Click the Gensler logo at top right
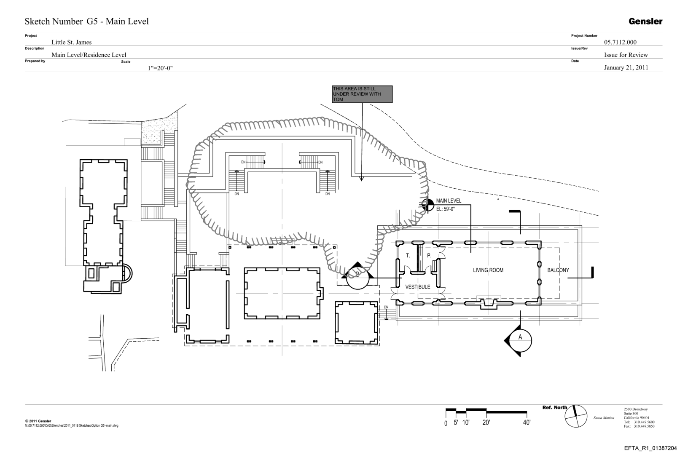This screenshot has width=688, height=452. click(x=645, y=21)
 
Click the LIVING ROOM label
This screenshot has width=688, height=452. click(x=488, y=270)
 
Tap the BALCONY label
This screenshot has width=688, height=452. click(x=558, y=270)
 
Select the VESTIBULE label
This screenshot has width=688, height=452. click(x=418, y=287)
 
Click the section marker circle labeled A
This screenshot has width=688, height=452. click(x=520, y=337)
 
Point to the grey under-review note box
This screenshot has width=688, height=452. click(x=362, y=94)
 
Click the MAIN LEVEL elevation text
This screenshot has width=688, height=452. click(x=449, y=201)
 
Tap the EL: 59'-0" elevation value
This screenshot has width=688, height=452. click(x=445, y=209)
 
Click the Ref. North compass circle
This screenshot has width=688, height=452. click(x=576, y=416)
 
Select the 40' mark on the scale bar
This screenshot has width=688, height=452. click(x=527, y=423)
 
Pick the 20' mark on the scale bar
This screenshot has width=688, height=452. click(x=486, y=423)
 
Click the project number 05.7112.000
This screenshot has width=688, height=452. click(x=620, y=42)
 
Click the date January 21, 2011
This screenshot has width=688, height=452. click(x=626, y=67)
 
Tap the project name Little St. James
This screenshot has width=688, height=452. click(x=71, y=42)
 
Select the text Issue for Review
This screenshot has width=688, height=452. click(x=626, y=55)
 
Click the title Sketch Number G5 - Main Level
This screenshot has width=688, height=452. click(x=87, y=21)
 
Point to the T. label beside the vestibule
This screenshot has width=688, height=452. click(x=408, y=256)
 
